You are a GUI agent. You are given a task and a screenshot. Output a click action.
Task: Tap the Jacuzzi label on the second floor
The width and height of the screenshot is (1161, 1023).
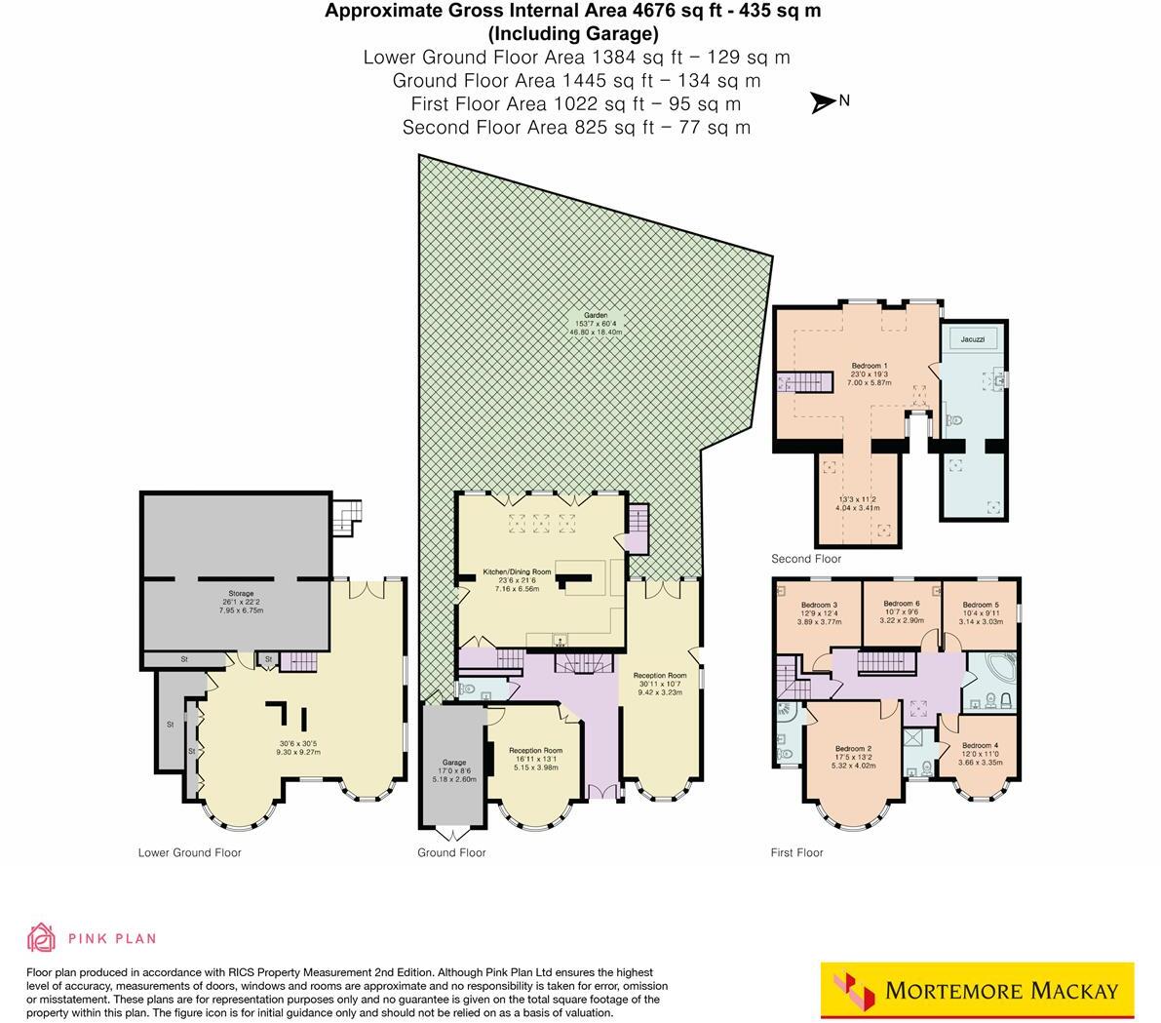[972, 339]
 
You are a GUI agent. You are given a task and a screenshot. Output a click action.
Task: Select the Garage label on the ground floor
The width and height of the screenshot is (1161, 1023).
[454, 763]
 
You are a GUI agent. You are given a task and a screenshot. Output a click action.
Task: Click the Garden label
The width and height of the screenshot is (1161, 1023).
[596, 316]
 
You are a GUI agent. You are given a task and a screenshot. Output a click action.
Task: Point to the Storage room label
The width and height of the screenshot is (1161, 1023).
[241, 594]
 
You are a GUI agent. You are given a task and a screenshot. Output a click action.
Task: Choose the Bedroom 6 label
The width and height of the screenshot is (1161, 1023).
[901, 605]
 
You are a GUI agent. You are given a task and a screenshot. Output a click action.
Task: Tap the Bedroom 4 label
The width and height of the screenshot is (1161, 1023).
[980, 746]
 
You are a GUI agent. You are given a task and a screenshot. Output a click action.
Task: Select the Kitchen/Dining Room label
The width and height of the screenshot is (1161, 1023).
[518, 571]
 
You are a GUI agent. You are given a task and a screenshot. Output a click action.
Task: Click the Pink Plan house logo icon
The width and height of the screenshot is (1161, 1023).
[41, 938]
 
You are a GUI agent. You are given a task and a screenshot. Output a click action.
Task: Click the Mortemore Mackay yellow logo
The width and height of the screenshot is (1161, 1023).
[978, 991]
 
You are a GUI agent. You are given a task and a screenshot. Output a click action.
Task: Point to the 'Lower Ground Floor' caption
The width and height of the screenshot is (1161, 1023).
[189, 852]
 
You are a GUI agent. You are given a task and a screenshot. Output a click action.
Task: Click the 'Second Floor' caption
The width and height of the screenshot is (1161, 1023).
[806, 559]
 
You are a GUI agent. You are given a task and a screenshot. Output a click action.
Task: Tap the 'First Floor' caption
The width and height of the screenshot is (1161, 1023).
[796, 852]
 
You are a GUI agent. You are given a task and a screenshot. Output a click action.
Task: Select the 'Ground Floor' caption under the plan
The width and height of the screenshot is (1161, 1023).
[451, 852]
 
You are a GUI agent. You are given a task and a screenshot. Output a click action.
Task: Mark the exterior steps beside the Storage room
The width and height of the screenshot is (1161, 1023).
[346, 518]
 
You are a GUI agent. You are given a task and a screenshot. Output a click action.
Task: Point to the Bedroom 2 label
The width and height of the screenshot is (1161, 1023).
[853, 749]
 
